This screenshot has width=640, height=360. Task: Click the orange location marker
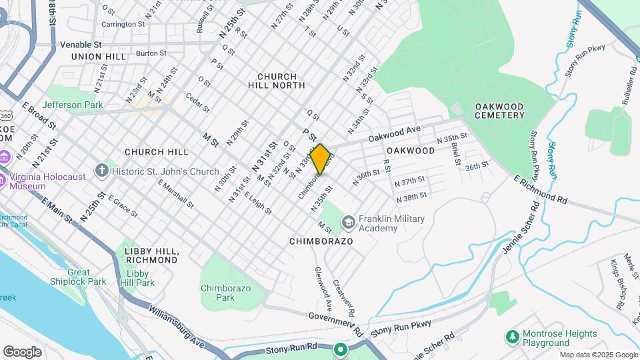click(321, 159)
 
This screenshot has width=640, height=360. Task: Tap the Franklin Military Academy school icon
click(348, 221)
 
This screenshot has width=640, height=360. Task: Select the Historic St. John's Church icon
click(101, 170)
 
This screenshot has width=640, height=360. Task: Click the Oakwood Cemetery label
click(500, 111)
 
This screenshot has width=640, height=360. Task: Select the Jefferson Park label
click(72, 105)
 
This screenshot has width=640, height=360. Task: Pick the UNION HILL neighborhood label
click(99, 57)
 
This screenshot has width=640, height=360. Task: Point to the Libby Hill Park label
click(141, 278)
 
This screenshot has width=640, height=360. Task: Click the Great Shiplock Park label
click(78, 277)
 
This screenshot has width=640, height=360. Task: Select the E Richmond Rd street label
click(541, 189)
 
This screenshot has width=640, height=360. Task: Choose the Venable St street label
click(80, 44)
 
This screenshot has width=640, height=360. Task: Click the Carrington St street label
click(123, 24)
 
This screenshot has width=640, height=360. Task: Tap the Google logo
click(22, 351)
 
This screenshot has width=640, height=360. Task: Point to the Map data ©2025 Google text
click(598, 355)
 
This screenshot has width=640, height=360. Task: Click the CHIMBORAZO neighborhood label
click(321, 241)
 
